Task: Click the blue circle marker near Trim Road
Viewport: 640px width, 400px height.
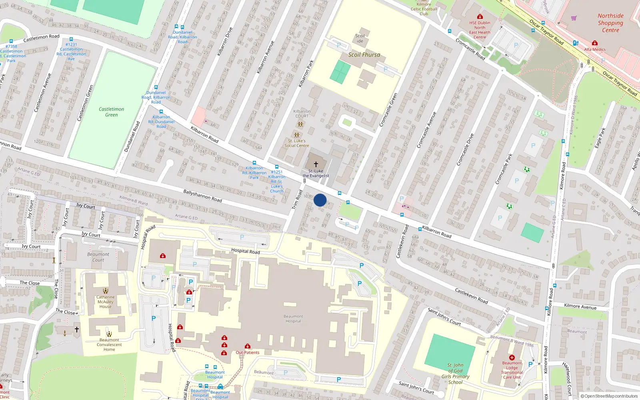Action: click(x=320, y=200)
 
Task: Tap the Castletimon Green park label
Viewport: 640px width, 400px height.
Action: click(x=111, y=112)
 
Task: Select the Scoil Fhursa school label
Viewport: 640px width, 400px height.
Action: click(x=364, y=55)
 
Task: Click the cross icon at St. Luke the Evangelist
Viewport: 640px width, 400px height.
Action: click(x=316, y=164)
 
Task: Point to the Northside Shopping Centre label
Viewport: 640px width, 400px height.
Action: click(x=610, y=23)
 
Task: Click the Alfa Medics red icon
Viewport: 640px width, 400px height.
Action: click(x=595, y=43)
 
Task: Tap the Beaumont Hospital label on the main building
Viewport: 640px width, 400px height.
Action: click(x=293, y=318)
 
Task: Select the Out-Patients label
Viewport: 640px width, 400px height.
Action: click(x=248, y=352)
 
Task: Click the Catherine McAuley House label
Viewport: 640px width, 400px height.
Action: click(x=106, y=302)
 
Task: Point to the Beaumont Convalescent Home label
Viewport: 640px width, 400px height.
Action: click(x=109, y=344)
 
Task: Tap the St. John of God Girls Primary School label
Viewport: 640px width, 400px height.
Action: click(x=455, y=374)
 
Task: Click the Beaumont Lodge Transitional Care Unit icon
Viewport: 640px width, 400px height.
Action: click(x=512, y=358)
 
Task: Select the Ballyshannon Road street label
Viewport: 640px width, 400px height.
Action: click(x=202, y=196)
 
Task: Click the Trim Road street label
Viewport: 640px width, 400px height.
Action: click(x=297, y=199)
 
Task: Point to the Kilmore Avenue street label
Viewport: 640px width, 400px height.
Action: click(x=580, y=306)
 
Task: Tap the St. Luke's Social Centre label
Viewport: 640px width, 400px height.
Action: click(x=296, y=143)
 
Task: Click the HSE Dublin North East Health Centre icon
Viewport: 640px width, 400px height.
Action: click(x=480, y=17)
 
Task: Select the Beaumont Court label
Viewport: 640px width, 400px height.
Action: click(x=98, y=257)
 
